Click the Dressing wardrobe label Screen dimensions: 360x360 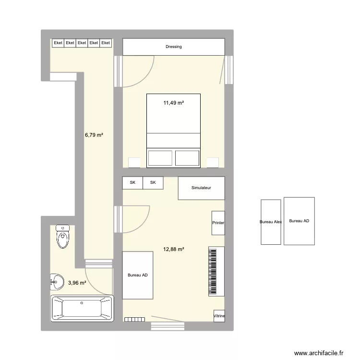173,47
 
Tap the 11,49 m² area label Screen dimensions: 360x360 173,103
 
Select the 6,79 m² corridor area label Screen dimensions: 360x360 94,135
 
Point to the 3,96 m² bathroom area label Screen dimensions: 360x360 77,283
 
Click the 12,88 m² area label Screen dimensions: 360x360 174,249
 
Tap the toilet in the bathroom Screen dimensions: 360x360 62,237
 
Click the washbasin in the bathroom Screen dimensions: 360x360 57,282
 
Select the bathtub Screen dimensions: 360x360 82,308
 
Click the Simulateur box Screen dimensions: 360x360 201,188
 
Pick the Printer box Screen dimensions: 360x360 218,223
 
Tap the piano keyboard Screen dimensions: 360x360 216,271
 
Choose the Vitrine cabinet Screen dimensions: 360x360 219,316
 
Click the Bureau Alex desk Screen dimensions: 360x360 271,222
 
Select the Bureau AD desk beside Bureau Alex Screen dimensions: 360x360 299,221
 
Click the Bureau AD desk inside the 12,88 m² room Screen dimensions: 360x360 138,276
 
